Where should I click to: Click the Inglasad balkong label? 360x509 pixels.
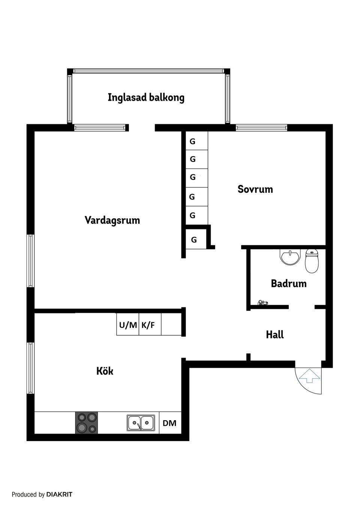tap(146, 97)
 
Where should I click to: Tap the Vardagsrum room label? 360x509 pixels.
tap(112, 220)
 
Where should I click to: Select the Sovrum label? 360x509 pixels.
tap(255, 189)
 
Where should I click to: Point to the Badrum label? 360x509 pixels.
tap(288, 283)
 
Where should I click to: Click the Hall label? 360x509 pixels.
tap(274, 334)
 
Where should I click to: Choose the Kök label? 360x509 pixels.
tap(105, 371)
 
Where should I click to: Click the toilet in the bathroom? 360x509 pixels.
tap(312, 261)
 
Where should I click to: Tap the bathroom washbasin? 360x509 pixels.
tap(290, 257)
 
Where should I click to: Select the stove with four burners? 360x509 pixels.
tap(87, 422)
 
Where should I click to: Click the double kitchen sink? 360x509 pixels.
tap(141, 423)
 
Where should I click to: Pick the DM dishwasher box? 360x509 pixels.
tap(169, 423)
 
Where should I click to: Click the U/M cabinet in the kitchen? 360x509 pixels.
tap(128, 325)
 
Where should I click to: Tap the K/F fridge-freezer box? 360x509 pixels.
tap(148, 325)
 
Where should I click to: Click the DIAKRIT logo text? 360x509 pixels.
tap(59, 494)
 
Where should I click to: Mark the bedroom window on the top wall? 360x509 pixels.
tap(261, 128)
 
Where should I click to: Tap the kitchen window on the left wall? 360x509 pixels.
tap(30, 368)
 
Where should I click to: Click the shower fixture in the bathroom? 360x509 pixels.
tap(262, 302)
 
